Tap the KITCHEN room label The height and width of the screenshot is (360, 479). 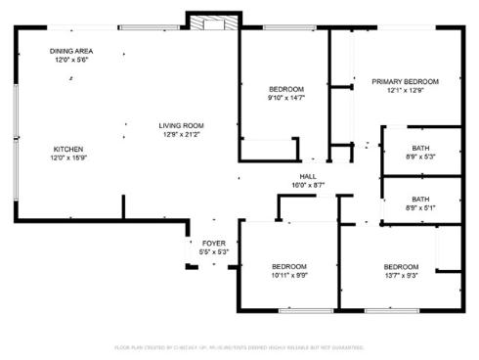click(67, 149)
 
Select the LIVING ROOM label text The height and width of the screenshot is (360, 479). click(182, 124)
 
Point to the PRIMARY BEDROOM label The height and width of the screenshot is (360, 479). click(405, 81)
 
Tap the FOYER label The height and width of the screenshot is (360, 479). click(213, 243)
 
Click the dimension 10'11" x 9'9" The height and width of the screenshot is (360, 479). click(289, 276)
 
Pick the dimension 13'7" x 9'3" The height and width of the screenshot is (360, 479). click(402, 276)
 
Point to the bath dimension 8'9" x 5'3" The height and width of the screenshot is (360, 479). click(420, 156)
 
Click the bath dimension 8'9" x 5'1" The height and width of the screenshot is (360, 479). click(420, 207)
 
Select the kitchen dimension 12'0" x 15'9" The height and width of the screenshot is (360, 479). click(67, 158)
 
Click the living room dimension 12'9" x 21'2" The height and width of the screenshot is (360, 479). click(182, 134)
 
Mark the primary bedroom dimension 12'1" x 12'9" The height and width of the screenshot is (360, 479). click(405, 91)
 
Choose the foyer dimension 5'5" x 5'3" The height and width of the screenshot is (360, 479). click(213, 252)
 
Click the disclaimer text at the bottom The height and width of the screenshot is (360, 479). click(239, 347)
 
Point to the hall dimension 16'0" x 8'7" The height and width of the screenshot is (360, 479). click(307, 184)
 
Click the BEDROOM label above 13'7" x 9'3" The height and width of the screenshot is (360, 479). click(402, 266)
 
